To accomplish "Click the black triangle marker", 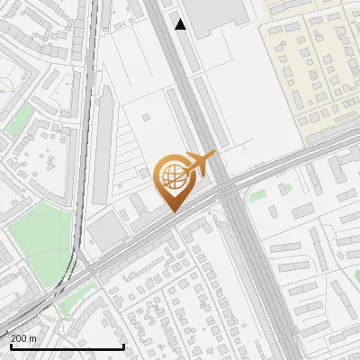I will (x=181, y=24).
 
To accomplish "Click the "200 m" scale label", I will (x=23, y=338).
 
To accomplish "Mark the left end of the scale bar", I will (x=10, y=346).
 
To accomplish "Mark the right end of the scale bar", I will (x=123, y=346).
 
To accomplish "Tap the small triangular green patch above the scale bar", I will (x=67, y=310).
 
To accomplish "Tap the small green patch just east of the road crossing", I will (x=259, y=194).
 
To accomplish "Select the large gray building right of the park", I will (x=106, y=233).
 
